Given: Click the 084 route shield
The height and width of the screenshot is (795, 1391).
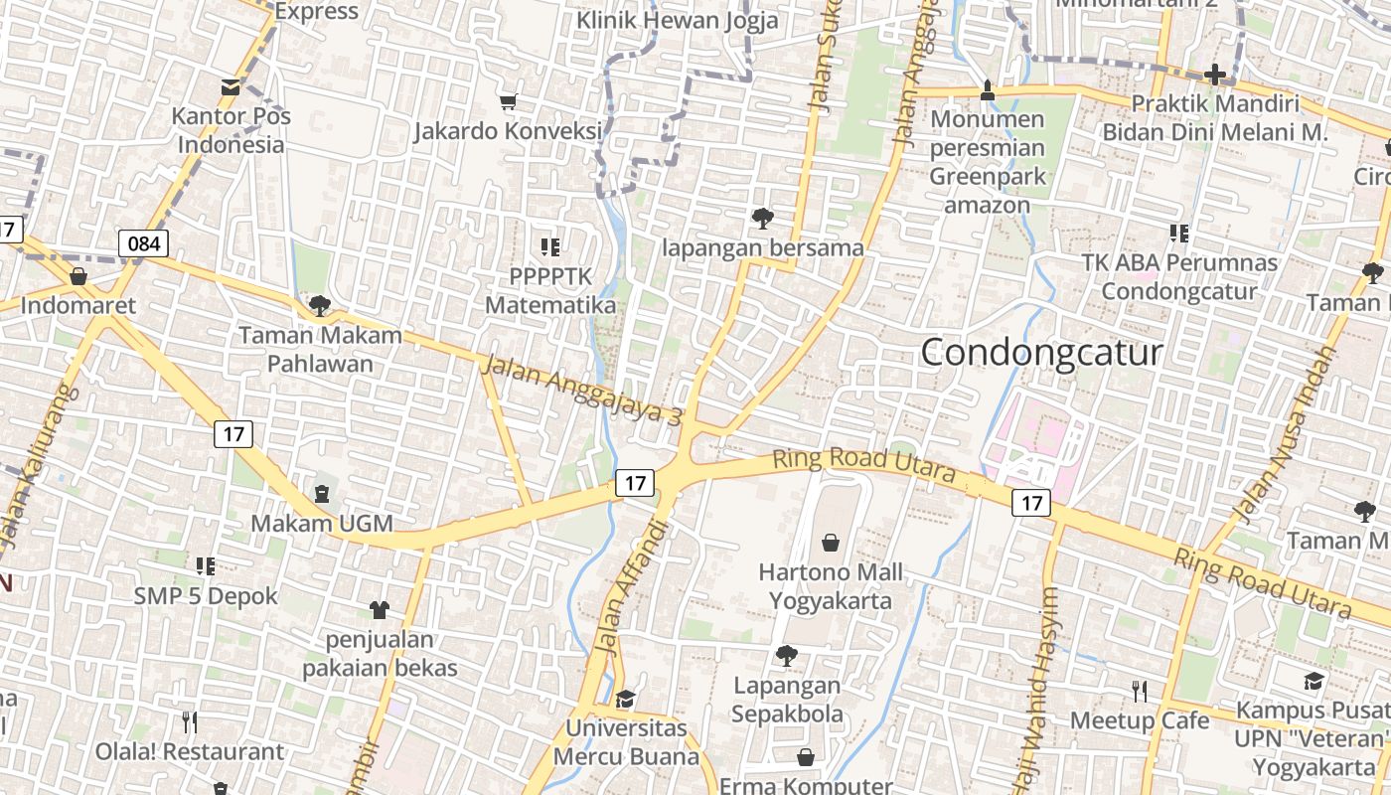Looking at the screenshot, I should point(143,243).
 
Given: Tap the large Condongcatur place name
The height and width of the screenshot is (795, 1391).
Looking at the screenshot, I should point(1041,352).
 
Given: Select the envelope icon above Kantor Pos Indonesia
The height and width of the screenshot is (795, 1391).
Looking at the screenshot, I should point(231,86).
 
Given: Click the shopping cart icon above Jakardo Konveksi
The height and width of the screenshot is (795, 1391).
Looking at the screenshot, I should point(509,101).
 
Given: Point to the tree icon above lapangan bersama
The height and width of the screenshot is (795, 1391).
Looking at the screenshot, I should point(763,218).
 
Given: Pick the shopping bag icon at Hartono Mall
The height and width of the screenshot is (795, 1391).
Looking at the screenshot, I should point(831,543).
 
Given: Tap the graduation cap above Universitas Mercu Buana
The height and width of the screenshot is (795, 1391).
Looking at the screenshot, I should point(625,699).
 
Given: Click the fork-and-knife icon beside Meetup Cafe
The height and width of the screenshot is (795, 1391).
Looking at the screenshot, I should point(1140,691).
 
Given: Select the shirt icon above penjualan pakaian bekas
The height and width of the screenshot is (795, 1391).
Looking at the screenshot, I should point(380,609).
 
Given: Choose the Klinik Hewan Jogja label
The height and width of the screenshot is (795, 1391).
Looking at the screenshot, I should point(678,20).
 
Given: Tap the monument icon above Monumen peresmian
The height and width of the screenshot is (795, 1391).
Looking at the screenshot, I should point(987,89).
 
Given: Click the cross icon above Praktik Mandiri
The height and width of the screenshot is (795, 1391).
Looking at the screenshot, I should point(1214,75).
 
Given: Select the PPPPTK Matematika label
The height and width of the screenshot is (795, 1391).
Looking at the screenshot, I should point(550,290).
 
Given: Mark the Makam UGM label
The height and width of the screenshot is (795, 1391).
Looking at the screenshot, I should point(322,523).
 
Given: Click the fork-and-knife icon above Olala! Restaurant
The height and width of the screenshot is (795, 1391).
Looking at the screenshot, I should point(190,721).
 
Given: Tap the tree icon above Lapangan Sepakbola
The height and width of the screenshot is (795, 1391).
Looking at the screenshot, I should point(786,656).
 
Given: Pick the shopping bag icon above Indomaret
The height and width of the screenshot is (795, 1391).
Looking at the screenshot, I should point(78,276).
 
